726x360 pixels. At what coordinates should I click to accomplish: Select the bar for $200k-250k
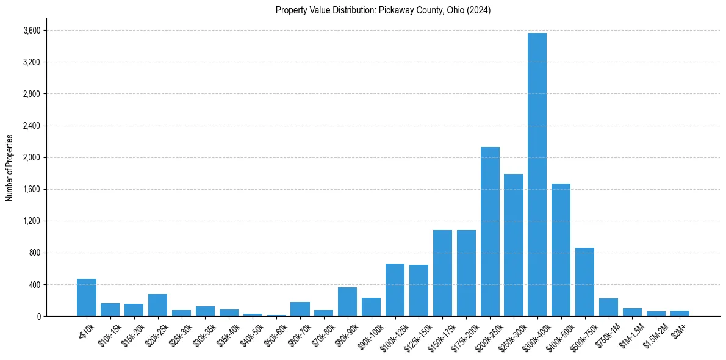[x=490, y=232]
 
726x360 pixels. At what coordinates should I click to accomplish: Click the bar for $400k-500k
[x=561, y=250]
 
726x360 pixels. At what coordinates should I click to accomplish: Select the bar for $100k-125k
[x=395, y=290]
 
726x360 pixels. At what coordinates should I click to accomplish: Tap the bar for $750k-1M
[x=608, y=308]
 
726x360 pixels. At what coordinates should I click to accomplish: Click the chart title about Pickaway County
[x=383, y=10]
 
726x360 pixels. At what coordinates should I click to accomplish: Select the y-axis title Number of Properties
[x=10, y=168]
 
